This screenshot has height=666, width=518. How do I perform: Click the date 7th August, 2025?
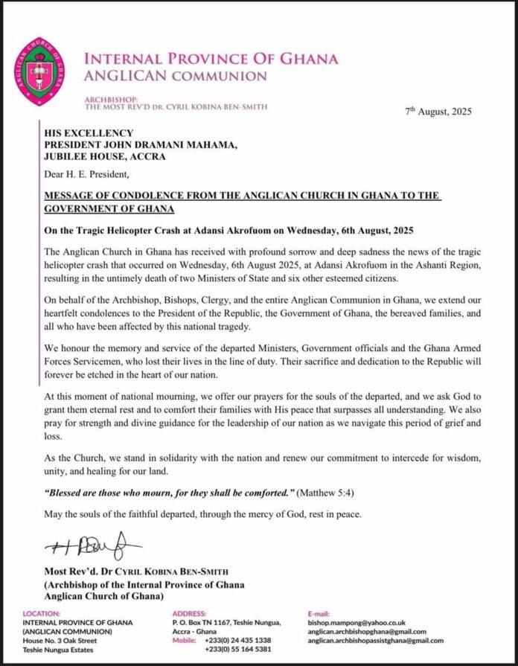coord(438,112)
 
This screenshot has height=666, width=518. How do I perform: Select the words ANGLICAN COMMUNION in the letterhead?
coord(176,75)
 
